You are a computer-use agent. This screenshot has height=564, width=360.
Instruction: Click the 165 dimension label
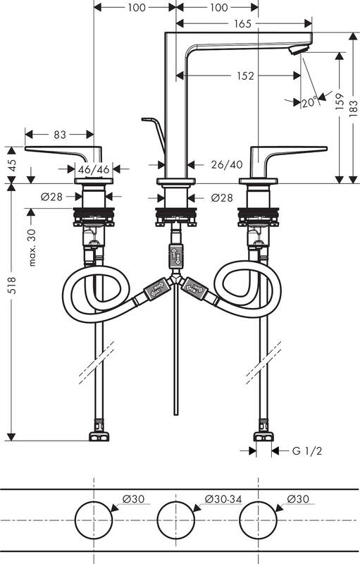coord(243,24)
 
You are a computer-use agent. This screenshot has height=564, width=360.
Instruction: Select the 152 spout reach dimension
coord(245,75)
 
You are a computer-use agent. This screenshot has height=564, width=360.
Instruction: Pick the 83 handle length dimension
coord(59,133)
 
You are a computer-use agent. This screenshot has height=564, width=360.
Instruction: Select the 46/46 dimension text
coord(93,169)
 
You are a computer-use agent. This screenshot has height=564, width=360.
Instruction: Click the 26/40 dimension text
coord(226,164)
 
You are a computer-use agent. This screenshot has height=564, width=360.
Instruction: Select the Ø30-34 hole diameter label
coord(223,499)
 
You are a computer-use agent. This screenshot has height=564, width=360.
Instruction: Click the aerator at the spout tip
coord(299,49)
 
